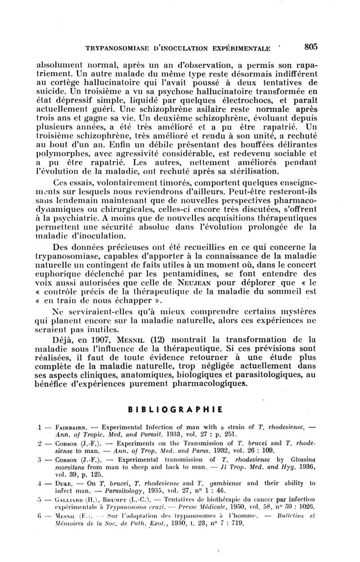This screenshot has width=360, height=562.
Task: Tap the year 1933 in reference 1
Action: (x=160, y=432)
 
